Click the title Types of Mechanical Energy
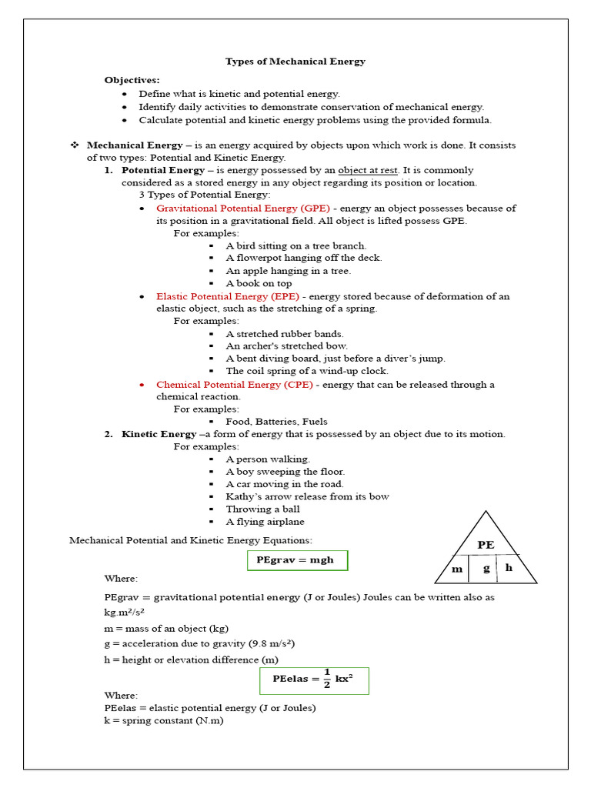[x=295, y=62]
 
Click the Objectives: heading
[x=132, y=80]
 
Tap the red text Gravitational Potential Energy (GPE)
[x=243, y=209]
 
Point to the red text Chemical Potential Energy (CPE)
[x=235, y=385]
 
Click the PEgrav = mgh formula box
[x=298, y=560]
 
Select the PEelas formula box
[x=313, y=680]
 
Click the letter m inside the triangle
[x=457, y=569]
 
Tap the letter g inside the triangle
[x=486, y=569]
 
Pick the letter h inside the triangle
[x=509, y=569]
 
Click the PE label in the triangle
[x=486, y=544]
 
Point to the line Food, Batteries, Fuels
[x=276, y=422]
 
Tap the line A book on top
[x=259, y=283]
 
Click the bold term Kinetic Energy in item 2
[x=159, y=434]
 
